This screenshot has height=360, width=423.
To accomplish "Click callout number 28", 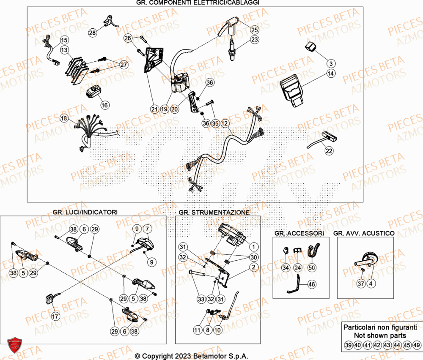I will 92,32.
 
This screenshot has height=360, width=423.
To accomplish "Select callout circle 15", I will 63,41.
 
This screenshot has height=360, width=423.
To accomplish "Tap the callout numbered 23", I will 254,40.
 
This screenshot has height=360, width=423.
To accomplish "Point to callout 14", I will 330,74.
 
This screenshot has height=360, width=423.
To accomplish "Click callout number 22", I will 329,151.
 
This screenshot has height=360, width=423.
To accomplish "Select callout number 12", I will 225,123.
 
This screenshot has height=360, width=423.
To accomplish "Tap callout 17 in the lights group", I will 55,316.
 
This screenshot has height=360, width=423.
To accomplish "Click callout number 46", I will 311,285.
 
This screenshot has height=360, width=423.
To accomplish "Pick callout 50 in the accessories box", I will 312,267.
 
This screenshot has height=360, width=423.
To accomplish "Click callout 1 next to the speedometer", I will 253,247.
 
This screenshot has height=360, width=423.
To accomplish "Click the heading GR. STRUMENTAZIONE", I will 214,212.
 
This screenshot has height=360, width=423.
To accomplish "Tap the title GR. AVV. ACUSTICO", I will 364,233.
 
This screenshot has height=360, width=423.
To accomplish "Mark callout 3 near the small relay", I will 331,63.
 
